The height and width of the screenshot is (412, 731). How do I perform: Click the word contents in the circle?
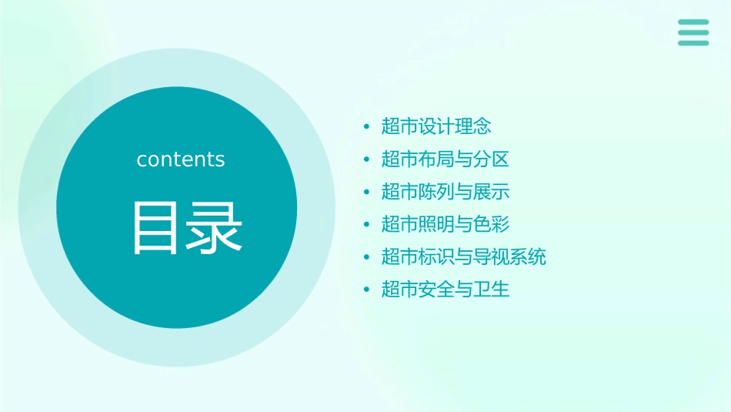pos(181,159)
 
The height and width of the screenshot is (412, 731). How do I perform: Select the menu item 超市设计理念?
pos(436,126)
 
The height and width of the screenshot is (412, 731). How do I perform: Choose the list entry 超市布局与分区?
pos(446,159)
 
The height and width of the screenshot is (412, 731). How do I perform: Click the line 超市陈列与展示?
pos(446,192)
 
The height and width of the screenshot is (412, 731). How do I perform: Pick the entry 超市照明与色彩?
pos(446,224)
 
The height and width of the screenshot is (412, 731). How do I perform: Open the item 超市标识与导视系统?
pos(464,256)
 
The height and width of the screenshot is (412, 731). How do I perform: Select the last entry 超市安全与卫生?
pos(446,290)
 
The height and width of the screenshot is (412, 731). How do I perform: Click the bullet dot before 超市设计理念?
pos(366,126)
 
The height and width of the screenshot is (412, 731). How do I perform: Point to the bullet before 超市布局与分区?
pos(366,159)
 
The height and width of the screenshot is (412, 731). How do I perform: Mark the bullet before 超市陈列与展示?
pos(366,192)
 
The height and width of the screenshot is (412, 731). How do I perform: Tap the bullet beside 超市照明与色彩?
pos(366,225)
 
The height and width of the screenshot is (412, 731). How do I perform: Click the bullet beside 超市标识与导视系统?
pos(366,257)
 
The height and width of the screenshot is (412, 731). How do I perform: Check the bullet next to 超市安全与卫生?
pos(366,290)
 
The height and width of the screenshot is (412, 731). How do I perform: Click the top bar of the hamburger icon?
pos(693,22)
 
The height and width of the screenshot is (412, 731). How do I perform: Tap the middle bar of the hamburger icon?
pos(693,32)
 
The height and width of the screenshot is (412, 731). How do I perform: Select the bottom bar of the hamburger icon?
pos(693,42)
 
